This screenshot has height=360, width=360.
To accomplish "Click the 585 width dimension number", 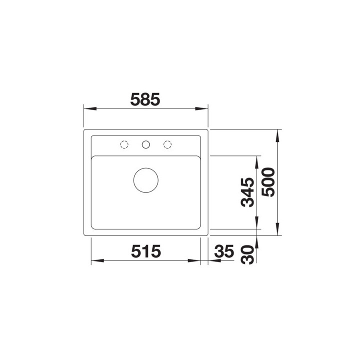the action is (x=145, y=99).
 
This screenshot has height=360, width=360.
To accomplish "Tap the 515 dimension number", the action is (x=146, y=251).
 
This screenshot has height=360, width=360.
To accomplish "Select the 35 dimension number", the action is (x=224, y=251).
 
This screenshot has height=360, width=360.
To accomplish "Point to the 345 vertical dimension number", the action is (x=247, y=192).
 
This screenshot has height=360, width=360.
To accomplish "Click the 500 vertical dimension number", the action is (x=268, y=182).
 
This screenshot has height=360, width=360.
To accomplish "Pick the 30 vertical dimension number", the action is (x=247, y=254).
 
